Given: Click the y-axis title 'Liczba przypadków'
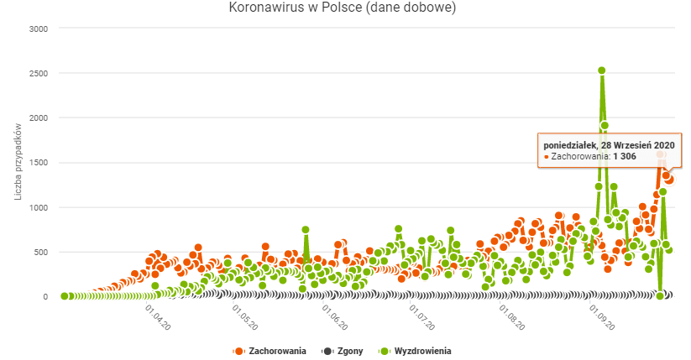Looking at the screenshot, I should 18,162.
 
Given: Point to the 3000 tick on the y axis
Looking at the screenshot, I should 37,29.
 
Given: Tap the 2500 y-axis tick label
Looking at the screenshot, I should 37,73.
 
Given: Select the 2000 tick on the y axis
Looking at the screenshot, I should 37,117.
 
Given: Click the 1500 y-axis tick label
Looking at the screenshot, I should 37,163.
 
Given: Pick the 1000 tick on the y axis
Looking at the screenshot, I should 37,207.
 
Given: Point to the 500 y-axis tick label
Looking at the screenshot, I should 40,252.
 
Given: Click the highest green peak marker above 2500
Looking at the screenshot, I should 602,71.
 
